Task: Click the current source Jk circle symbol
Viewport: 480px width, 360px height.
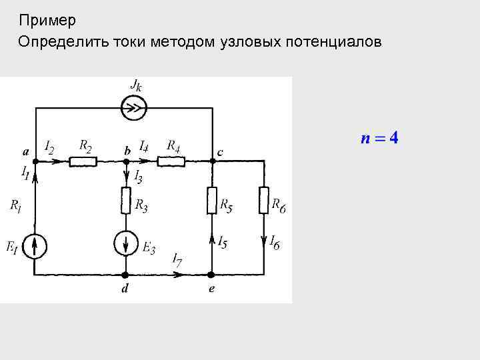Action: [x=134, y=107]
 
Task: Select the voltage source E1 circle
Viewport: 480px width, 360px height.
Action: [x=35, y=245]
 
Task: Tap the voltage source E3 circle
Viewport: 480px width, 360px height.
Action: [x=125, y=244]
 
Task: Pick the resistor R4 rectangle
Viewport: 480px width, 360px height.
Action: [x=171, y=161]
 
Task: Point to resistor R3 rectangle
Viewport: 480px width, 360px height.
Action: [x=125, y=200]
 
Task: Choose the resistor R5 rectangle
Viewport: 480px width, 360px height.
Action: [x=211, y=200]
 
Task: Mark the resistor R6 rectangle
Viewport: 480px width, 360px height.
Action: [x=264, y=200]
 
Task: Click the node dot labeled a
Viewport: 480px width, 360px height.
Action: [x=35, y=161]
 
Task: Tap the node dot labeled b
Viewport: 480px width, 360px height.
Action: [x=125, y=161]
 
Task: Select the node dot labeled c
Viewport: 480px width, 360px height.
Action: [x=211, y=161]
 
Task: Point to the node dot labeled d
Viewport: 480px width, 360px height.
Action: [x=125, y=274]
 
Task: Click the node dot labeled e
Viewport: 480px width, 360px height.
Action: [x=211, y=274]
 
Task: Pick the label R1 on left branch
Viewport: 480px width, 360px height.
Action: [x=15, y=206]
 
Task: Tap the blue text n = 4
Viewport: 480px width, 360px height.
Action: [x=379, y=139]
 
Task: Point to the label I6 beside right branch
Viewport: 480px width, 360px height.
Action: [x=274, y=242]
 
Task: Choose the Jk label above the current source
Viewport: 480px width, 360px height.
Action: [x=135, y=85]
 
